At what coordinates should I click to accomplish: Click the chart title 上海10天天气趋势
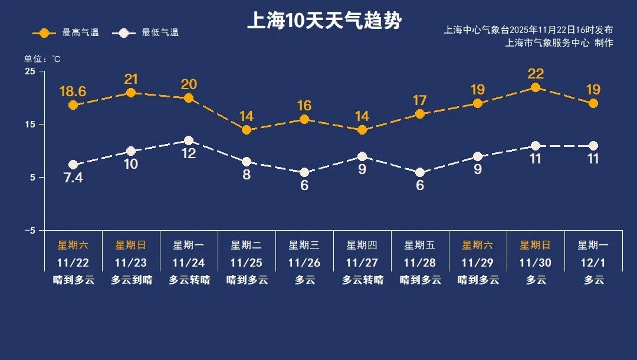coord(324,21)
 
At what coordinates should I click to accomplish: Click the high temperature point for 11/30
coord(536,87)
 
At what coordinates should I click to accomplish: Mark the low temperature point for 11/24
coord(189,140)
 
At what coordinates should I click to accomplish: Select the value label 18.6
coord(73,91)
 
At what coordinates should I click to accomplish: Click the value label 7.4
coord(73,178)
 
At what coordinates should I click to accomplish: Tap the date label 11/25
coord(247,263)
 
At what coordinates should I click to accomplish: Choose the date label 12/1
coord(593,263)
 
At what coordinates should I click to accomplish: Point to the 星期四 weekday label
coord(362,245)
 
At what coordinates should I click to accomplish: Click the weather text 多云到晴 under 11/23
coord(131,280)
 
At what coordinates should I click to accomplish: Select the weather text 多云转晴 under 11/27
coord(362,280)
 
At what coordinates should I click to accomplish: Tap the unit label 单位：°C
coord(42,59)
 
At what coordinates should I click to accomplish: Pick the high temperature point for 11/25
coord(247,130)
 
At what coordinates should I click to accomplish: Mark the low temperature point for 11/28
coord(420,172)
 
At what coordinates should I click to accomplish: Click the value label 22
coord(536,74)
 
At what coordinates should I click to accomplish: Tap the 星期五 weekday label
coord(419,245)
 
